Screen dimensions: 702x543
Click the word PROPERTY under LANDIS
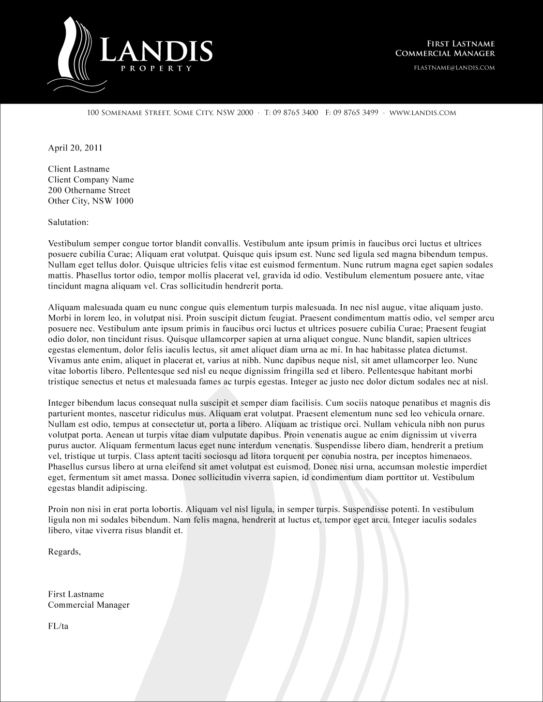click(x=156, y=69)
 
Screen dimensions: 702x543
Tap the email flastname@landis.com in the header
click(x=454, y=68)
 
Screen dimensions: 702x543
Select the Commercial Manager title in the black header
click(x=445, y=53)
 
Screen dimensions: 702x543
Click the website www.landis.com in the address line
click(x=422, y=113)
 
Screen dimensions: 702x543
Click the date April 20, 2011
click(x=75, y=148)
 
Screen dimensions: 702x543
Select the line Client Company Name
click(x=91, y=180)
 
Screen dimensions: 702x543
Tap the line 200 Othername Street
click(x=89, y=190)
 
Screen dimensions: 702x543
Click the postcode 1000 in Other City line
click(x=124, y=201)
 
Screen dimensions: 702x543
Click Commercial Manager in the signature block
click(x=89, y=605)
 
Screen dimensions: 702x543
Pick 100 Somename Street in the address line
click(x=127, y=113)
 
